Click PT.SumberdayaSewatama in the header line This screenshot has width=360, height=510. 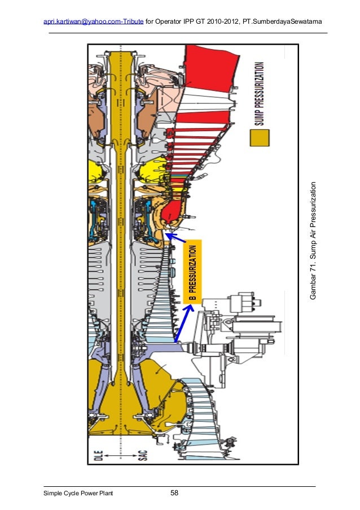(x=282, y=21)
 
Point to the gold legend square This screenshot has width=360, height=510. (x=260, y=138)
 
